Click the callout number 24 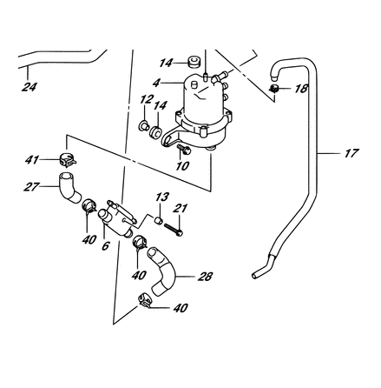pos(30,87)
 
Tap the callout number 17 pos(351,153)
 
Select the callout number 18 pos(301,89)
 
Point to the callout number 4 pos(156,83)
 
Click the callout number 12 pos(147,99)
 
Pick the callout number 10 pos(182,165)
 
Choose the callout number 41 pos(31,159)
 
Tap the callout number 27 pos(31,186)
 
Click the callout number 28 pos(205,277)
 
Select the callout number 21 pos(181,208)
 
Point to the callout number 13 pos(162,197)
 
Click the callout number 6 pos(106,245)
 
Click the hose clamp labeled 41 pos(68,160)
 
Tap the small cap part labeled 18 pos(273,88)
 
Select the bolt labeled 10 pos(184,149)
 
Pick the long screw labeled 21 pos(174,229)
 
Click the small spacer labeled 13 pos(158,220)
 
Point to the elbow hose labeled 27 pos(69,187)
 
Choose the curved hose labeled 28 pos(162,271)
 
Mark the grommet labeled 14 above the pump pos(193,62)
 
